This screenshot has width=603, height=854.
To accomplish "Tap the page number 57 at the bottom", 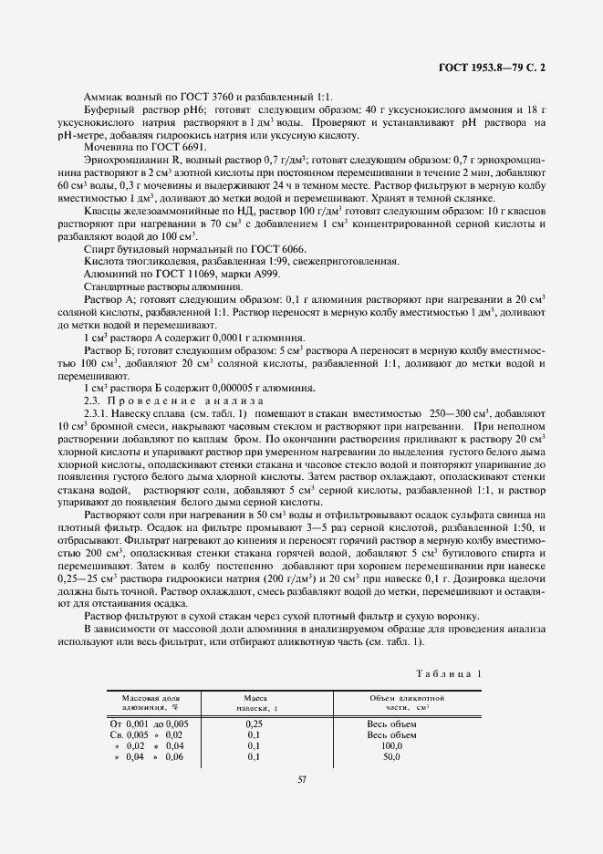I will tap(301, 778).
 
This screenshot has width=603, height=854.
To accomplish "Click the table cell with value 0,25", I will tap(255, 723).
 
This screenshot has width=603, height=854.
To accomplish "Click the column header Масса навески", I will tap(255, 702).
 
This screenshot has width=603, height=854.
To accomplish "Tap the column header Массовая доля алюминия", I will tap(151, 702).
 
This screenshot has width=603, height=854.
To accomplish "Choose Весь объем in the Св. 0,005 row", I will tap(392, 734).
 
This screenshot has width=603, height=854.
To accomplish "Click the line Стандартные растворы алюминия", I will tap(163, 286).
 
